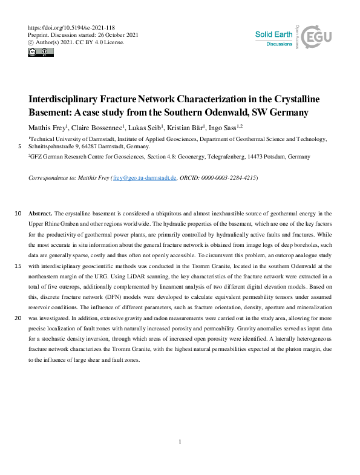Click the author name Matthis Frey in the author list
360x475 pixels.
click(48, 128)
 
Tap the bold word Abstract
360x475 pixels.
click(41, 214)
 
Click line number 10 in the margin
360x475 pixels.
click(18, 214)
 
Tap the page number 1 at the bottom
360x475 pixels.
click(180, 442)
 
